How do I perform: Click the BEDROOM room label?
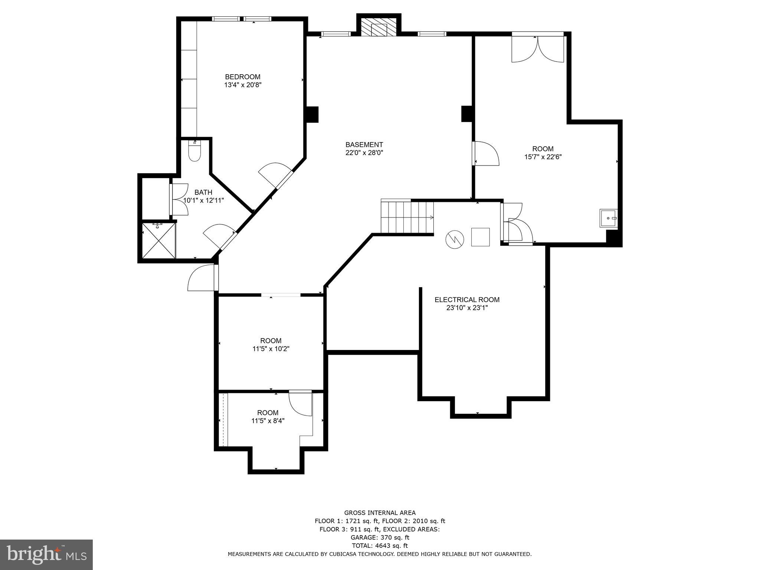(243, 77)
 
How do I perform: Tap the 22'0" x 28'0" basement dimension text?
(364, 153)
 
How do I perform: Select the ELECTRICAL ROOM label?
(467, 299)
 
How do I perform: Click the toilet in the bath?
(194, 151)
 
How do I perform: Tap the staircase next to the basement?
(407, 217)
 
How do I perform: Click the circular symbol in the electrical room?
(455, 239)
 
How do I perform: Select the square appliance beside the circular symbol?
(480, 237)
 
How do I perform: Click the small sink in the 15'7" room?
(609, 218)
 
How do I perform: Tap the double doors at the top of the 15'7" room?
(538, 48)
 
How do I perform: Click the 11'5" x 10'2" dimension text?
(271, 349)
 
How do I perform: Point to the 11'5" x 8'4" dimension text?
(268, 421)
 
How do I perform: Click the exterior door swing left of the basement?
(202, 278)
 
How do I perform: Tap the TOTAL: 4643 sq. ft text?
(380, 546)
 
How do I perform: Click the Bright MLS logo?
(46, 554)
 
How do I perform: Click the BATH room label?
(203, 192)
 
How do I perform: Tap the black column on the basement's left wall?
(312, 114)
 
